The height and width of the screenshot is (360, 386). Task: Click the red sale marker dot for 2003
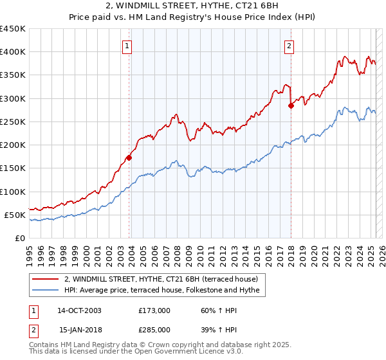[129, 157]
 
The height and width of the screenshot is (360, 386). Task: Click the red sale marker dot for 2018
[291, 106]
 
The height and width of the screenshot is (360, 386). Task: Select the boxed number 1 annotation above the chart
[128, 46]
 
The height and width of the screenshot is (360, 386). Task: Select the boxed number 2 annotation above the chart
[289, 46]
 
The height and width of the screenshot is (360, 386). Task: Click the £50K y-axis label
[15, 215]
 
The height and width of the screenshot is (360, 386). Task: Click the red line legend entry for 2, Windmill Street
[161, 279]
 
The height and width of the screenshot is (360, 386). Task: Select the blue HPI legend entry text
[161, 291]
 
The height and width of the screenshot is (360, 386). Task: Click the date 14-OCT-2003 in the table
[79, 310]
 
